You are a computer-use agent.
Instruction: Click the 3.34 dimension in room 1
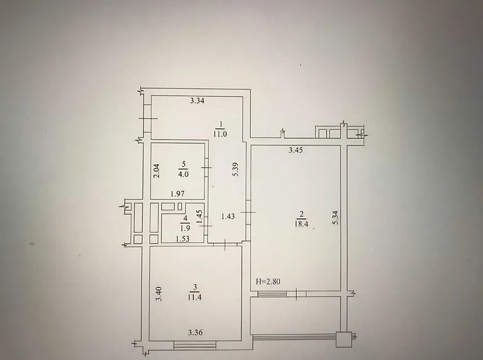pyautogui.click(x=197, y=101)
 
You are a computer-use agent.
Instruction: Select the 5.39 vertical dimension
pyautogui.click(x=236, y=169)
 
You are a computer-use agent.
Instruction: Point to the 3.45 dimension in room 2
pyautogui.click(x=295, y=150)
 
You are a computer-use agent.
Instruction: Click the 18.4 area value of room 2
pyautogui.click(x=301, y=224)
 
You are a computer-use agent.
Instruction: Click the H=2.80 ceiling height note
pyautogui.click(x=268, y=282)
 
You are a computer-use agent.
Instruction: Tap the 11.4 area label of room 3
pyautogui.click(x=195, y=298)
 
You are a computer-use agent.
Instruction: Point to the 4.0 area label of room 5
pyautogui.click(x=184, y=175)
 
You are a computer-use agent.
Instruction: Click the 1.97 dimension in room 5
pyautogui.click(x=178, y=194)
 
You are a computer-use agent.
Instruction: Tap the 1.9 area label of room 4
pyautogui.click(x=185, y=228)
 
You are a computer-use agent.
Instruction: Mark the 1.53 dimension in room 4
pyautogui.click(x=183, y=239)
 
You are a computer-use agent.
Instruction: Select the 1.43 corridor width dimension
pyautogui.click(x=228, y=217)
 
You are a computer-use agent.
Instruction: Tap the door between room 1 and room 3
pyautogui.click(x=225, y=244)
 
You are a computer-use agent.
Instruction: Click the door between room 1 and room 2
pyautogui.click(x=248, y=212)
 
